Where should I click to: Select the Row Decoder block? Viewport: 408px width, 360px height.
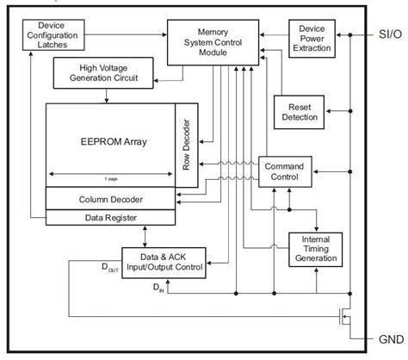pos(186,144)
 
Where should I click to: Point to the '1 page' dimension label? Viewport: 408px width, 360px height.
pos(112,177)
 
